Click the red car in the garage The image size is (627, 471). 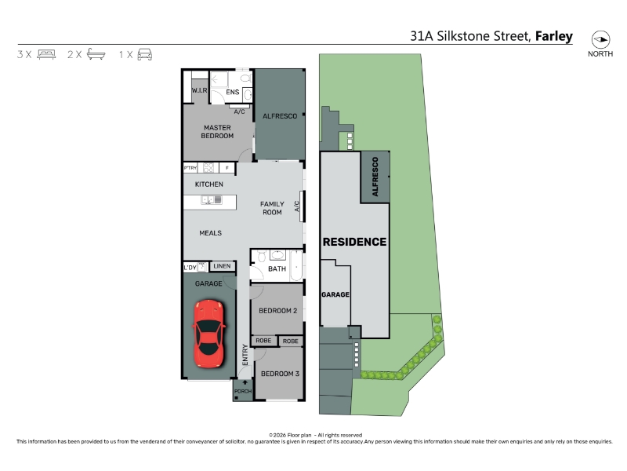[208, 334]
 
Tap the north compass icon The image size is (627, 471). [600, 40]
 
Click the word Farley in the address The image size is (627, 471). [554, 36]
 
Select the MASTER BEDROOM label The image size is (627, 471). [217, 132]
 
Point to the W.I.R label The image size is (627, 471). [199, 90]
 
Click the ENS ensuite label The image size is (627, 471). [232, 92]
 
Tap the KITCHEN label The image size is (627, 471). [208, 184]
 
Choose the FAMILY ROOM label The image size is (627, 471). [272, 208]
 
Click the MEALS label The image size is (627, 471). [210, 233]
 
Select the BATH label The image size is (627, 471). [277, 268]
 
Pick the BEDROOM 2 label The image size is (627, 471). [277, 311]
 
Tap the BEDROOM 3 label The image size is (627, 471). [280, 374]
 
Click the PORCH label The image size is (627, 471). [243, 391]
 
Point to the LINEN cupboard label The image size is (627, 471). [222, 266]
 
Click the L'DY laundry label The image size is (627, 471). [190, 268]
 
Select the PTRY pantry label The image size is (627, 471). [190, 168]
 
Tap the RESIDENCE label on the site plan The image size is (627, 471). [354, 242]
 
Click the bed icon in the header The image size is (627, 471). [46, 54]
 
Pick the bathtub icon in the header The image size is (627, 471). [96, 54]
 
